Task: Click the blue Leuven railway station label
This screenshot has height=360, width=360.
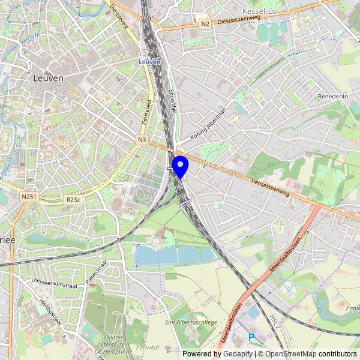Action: pos(149,61)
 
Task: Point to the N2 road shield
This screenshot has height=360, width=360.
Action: pos(205,24)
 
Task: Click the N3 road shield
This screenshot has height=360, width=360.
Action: pos(142,140)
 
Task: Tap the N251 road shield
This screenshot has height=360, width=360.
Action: pos(28,196)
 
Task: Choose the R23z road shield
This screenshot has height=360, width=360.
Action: pos(73,200)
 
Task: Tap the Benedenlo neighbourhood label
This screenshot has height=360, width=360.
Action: pos(333,96)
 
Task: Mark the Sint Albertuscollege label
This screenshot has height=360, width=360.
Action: pos(191,322)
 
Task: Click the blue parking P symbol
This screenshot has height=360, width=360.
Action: pos(251,338)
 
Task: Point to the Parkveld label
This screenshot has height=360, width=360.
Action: pos(148,347)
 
